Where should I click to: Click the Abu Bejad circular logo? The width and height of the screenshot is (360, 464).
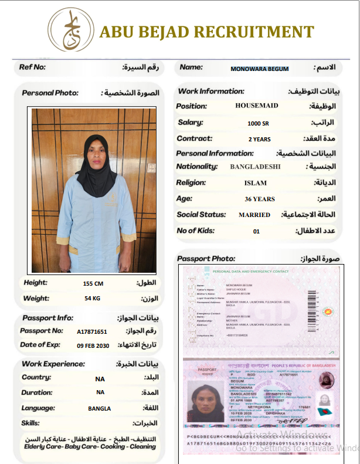coord(70,30)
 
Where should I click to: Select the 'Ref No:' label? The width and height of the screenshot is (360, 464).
coord(32,67)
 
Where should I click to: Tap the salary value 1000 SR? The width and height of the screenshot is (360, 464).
coord(258,123)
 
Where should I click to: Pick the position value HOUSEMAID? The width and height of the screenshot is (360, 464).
coord(257,106)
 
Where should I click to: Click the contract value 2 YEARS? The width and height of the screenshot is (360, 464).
coord(259,140)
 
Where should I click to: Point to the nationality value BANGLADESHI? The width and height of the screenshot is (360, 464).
coord(255,167)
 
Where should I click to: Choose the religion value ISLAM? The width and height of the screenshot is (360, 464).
coord(255,183)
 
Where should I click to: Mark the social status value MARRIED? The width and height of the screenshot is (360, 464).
coord(254,215)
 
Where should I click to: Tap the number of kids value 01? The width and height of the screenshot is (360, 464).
coord(256,231)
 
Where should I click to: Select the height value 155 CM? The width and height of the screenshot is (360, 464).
coord(93,283)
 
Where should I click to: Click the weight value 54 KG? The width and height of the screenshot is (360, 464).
coord(93,299)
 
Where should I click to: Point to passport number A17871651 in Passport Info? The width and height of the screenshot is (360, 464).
coord(92,331)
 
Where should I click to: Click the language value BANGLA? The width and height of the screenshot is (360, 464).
coord(100,408)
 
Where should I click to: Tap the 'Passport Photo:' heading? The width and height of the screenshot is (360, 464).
coord(203,258)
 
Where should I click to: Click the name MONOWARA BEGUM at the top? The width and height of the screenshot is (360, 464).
coord(260,69)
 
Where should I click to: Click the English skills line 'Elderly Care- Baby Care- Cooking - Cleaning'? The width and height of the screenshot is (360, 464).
coord(90,446)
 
